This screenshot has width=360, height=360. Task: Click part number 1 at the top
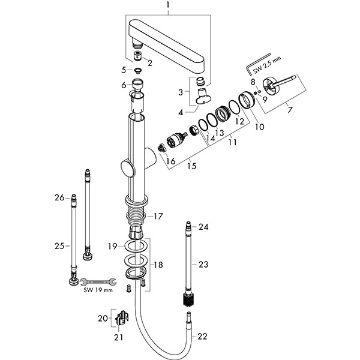(x=169, y=8)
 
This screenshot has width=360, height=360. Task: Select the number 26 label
(x=59, y=197)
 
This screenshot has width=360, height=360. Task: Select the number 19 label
(x=112, y=246)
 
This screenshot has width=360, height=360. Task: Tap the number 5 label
(x=124, y=70)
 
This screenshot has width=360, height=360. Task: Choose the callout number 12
(x=239, y=121)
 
